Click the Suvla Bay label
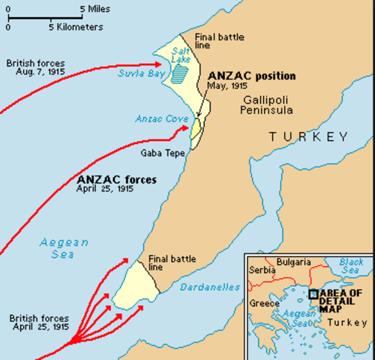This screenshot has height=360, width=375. (x=137, y=73)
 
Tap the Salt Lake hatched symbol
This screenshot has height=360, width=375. (x=178, y=72)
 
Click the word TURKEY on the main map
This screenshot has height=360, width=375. (x=309, y=136)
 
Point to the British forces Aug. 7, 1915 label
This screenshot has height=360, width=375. (x=36, y=68)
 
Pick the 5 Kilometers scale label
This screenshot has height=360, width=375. (x=76, y=26)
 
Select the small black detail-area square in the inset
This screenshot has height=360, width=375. (x=313, y=294)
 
